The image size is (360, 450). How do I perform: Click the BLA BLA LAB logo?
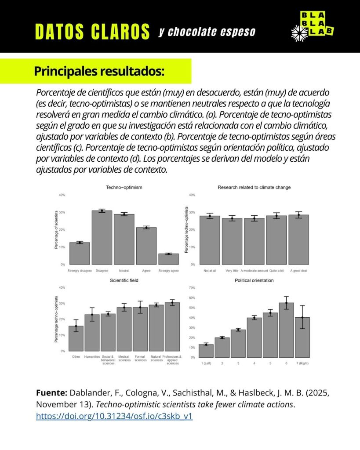(x=313, y=26)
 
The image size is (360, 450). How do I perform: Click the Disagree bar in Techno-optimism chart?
(x=102, y=238)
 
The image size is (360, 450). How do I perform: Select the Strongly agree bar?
(x=168, y=259)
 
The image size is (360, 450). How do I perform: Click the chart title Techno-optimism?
(x=124, y=188)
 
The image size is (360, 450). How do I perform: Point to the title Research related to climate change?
(x=254, y=188)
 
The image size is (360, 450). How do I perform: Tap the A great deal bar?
(x=298, y=240)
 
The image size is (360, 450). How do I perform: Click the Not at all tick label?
(x=210, y=271)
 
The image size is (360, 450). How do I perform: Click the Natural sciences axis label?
(x=156, y=358)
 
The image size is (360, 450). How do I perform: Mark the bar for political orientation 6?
(x=286, y=330)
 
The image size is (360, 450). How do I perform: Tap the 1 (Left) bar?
(x=206, y=351)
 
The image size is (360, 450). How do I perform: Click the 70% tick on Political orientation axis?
(x=192, y=288)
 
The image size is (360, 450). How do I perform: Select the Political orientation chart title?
(x=254, y=280)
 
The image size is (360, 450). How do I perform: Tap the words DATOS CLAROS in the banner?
(x=92, y=32)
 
